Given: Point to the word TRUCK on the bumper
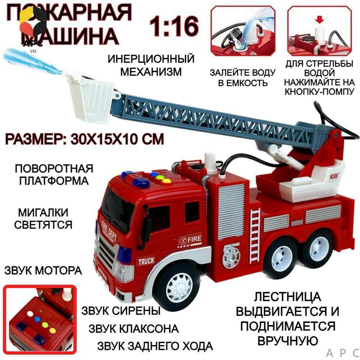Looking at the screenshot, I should point(146,261).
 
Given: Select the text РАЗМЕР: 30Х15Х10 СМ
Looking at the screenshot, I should point(84,139).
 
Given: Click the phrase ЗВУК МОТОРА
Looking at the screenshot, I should point(43,270).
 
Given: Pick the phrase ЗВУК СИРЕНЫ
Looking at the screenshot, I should point(121,311).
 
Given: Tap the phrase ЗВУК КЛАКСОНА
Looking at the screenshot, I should point(134,329).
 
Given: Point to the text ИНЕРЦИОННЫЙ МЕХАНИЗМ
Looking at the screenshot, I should point(151,65).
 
